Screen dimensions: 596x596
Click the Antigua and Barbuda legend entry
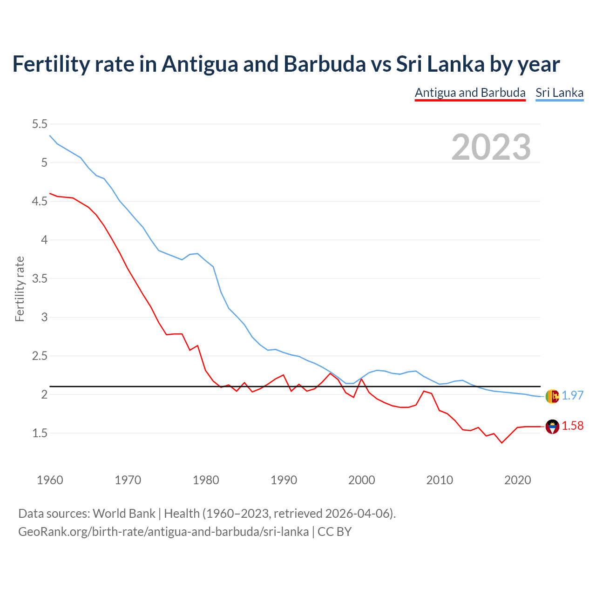(x=470, y=93)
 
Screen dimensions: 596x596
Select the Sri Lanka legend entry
(x=559, y=93)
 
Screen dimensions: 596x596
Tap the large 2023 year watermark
(x=491, y=147)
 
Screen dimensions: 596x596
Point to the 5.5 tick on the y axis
(x=40, y=124)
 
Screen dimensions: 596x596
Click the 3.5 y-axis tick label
(x=40, y=278)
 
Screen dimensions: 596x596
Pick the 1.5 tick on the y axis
(x=40, y=433)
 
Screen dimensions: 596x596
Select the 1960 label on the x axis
(x=50, y=480)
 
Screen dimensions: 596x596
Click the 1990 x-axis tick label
(x=284, y=480)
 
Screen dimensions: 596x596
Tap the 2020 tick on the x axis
(x=517, y=480)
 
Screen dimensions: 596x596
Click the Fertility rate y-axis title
(x=20, y=289)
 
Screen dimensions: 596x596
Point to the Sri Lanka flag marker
(x=552, y=396)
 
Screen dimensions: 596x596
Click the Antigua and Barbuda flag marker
(x=552, y=427)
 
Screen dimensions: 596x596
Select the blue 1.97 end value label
(x=572, y=395)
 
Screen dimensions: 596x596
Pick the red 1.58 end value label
(x=572, y=426)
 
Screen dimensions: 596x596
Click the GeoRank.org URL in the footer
(x=163, y=531)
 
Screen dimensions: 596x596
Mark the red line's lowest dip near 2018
(x=501, y=443)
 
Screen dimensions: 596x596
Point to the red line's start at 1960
(x=50, y=193)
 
